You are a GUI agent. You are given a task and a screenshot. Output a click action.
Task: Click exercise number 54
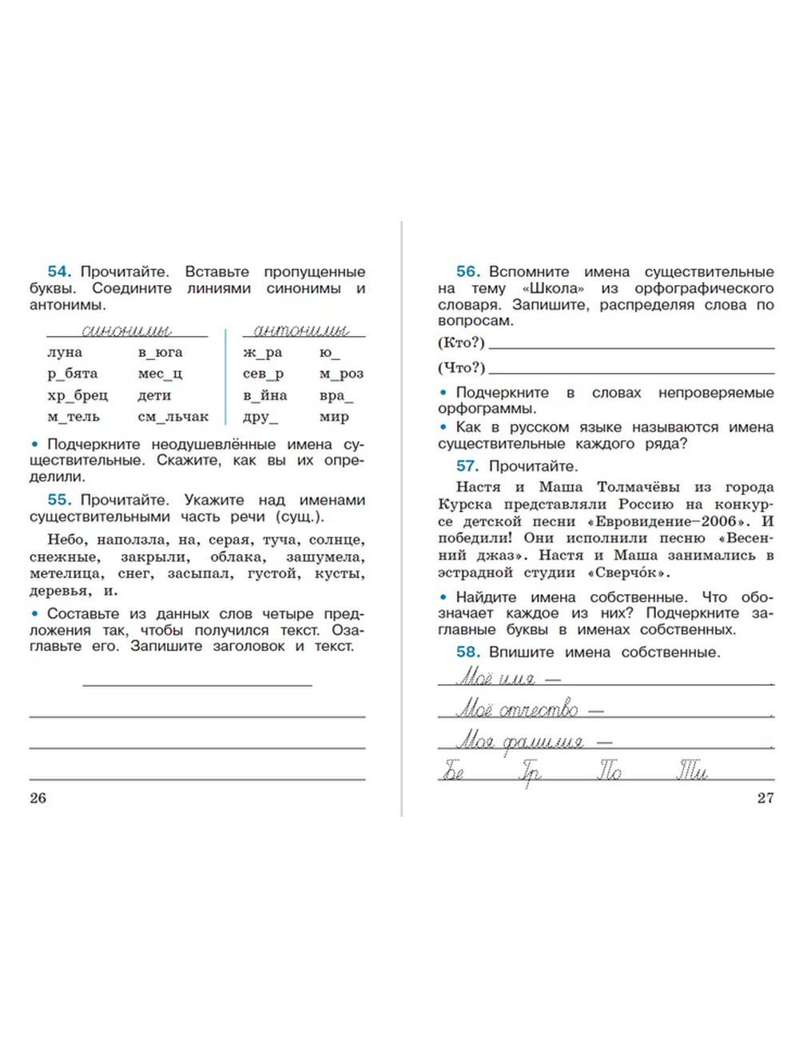(x=59, y=271)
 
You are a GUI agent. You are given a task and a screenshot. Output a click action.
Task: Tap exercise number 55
(x=59, y=500)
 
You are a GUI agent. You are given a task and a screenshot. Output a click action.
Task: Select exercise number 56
(x=467, y=271)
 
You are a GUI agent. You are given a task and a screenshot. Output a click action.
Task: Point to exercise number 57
(x=467, y=466)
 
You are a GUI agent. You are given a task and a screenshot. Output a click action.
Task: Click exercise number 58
(x=467, y=652)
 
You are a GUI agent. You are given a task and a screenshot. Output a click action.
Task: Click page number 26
(x=38, y=798)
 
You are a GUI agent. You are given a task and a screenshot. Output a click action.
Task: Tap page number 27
(x=765, y=798)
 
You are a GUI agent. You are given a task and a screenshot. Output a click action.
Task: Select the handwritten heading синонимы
(x=126, y=330)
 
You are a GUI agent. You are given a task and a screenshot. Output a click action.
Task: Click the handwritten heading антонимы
(x=301, y=330)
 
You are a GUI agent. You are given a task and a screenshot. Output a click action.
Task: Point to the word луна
(x=65, y=352)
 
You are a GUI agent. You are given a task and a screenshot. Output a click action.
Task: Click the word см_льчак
(x=173, y=417)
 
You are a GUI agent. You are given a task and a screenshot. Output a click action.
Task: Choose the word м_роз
(x=341, y=374)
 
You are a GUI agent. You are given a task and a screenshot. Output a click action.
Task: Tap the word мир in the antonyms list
(x=334, y=417)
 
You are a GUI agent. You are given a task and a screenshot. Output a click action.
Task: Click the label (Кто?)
(x=461, y=343)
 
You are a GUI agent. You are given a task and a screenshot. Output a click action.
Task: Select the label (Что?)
(x=461, y=367)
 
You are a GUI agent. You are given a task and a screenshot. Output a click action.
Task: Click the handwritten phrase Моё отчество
(x=517, y=710)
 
